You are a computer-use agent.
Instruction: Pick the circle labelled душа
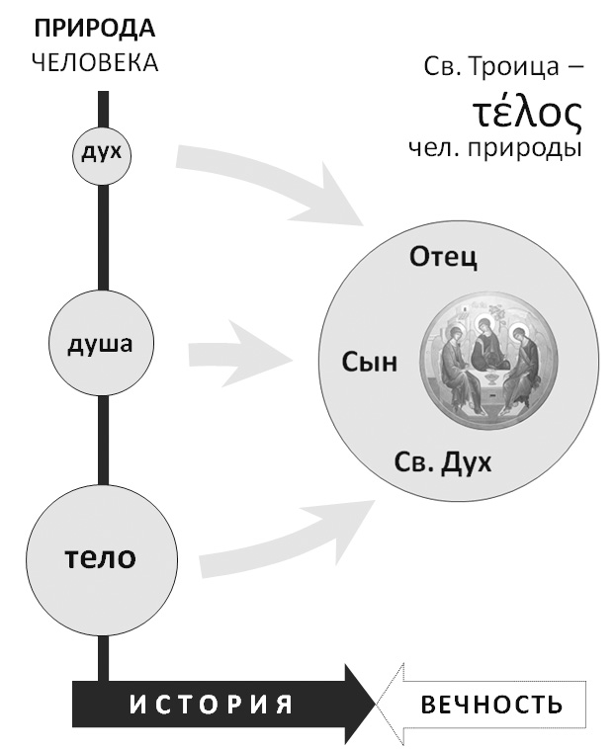point(104,346)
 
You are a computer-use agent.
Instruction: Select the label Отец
point(443,259)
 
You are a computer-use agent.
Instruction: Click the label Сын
point(370,363)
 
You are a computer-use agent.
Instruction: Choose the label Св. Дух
point(443,462)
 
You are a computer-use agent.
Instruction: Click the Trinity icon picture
point(480,364)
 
